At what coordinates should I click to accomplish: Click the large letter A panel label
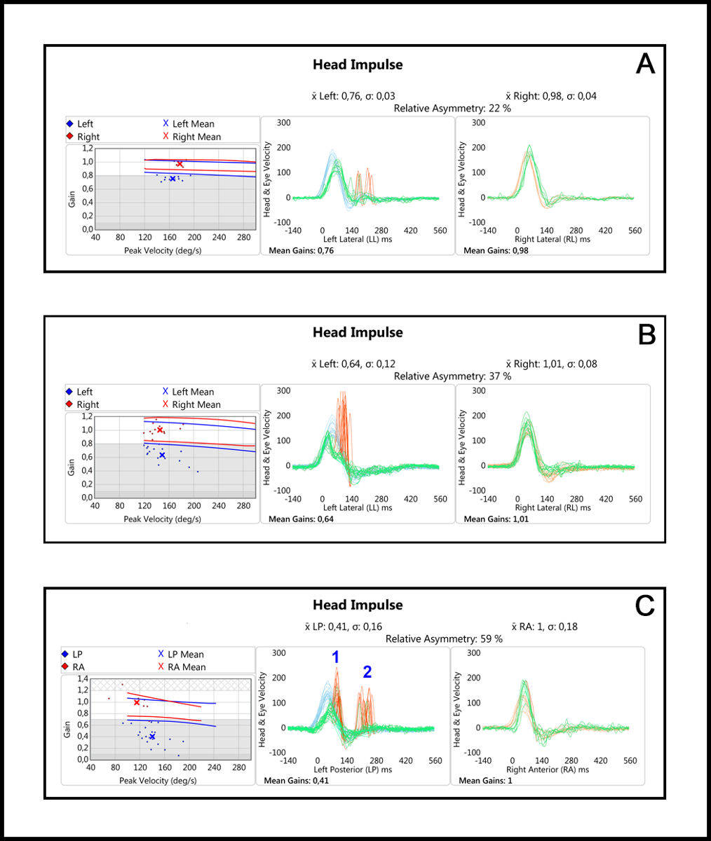point(645,64)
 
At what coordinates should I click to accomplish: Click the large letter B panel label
point(646,334)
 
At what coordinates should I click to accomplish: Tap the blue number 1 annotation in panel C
point(336,657)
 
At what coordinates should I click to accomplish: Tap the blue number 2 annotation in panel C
point(367,671)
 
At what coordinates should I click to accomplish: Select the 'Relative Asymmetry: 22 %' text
point(452,109)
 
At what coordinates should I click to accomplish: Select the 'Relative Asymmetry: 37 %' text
point(452,376)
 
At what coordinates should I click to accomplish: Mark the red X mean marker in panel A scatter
point(180,164)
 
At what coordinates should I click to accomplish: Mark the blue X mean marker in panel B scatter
point(162,456)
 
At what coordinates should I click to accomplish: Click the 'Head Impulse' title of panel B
point(358,332)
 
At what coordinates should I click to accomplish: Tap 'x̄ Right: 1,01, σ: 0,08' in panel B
point(550,364)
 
